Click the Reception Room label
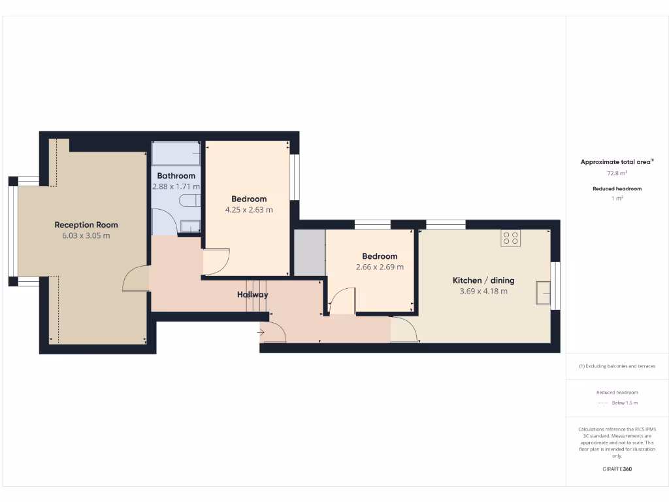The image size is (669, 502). click(x=86, y=225)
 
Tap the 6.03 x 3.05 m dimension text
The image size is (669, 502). click(x=86, y=235)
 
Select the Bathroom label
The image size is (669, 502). click(x=176, y=176)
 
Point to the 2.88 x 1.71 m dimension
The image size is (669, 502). click(x=176, y=186)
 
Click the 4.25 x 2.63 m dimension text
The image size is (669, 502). click(x=249, y=210)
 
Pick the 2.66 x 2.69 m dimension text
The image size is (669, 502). click(x=380, y=267)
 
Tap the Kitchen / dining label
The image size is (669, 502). click(x=483, y=280)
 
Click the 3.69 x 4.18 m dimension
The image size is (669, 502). click(x=483, y=291)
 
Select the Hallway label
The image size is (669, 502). click(x=253, y=295)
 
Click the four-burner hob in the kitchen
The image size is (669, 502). click(x=511, y=239)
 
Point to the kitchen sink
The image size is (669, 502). click(x=542, y=293)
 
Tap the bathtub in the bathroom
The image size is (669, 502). click(x=176, y=154)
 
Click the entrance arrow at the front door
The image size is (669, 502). click(x=261, y=333)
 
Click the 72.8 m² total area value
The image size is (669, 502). click(x=617, y=173)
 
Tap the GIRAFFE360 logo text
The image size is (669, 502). click(x=617, y=469)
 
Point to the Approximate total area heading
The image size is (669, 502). click(x=617, y=162)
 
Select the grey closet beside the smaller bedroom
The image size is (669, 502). click(x=309, y=252)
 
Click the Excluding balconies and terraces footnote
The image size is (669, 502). click(x=617, y=366)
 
